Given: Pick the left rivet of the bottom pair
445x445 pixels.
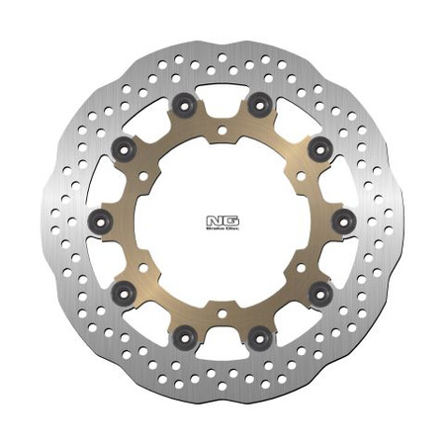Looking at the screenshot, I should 184,340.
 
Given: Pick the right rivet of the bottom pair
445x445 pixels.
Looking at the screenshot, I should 259,340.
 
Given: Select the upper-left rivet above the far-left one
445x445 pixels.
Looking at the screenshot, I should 125,147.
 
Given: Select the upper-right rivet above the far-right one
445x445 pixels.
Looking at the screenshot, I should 318,147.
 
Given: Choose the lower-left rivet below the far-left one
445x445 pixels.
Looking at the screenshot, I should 125,289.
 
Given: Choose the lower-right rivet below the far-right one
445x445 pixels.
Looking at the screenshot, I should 318,289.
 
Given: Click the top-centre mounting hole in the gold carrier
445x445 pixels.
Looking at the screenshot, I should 222,129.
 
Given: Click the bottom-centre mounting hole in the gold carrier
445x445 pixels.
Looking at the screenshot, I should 222,311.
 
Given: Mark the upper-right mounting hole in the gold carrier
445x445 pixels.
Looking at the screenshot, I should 300,174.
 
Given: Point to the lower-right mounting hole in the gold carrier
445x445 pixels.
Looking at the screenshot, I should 300,265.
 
